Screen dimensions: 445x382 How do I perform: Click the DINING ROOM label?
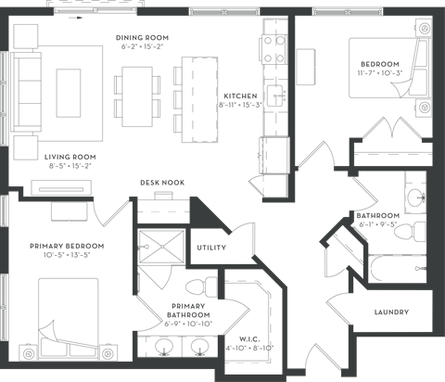click(x=142, y=38)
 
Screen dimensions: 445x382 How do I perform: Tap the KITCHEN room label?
click(x=240, y=95)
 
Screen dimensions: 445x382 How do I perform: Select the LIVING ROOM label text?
click(x=70, y=157)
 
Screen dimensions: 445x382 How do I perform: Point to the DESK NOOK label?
click(x=162, y=183)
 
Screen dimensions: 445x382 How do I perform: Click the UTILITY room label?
click(x=211, y=248)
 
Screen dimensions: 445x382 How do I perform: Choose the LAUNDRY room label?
click(x=391, y=312)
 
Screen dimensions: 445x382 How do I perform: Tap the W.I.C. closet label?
click(x=249, y=339)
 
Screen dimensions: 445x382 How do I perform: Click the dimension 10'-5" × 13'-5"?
click(x=67, y=255)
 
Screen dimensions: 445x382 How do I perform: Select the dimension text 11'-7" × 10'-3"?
click(x=380, y=73)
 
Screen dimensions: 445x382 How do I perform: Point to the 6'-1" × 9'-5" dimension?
click(x=378, y=224)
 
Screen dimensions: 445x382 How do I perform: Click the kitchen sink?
click(x=276, y=96)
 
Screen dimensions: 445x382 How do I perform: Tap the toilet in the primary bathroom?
click(x=201, y=287)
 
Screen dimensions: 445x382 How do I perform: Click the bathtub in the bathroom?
click(x=398, y=268)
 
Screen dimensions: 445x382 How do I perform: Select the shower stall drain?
click(x=162, y=247)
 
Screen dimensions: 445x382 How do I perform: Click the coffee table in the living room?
click(x=69, y=93)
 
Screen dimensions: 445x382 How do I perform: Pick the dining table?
click(x=137, y=96)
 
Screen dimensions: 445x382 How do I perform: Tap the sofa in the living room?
click(x=27, y=92)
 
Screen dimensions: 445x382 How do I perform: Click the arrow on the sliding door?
click(x=76, y=18)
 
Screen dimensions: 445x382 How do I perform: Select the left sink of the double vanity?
click(x=164, y=346)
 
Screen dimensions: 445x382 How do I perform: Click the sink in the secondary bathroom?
click(x=416, y=197)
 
